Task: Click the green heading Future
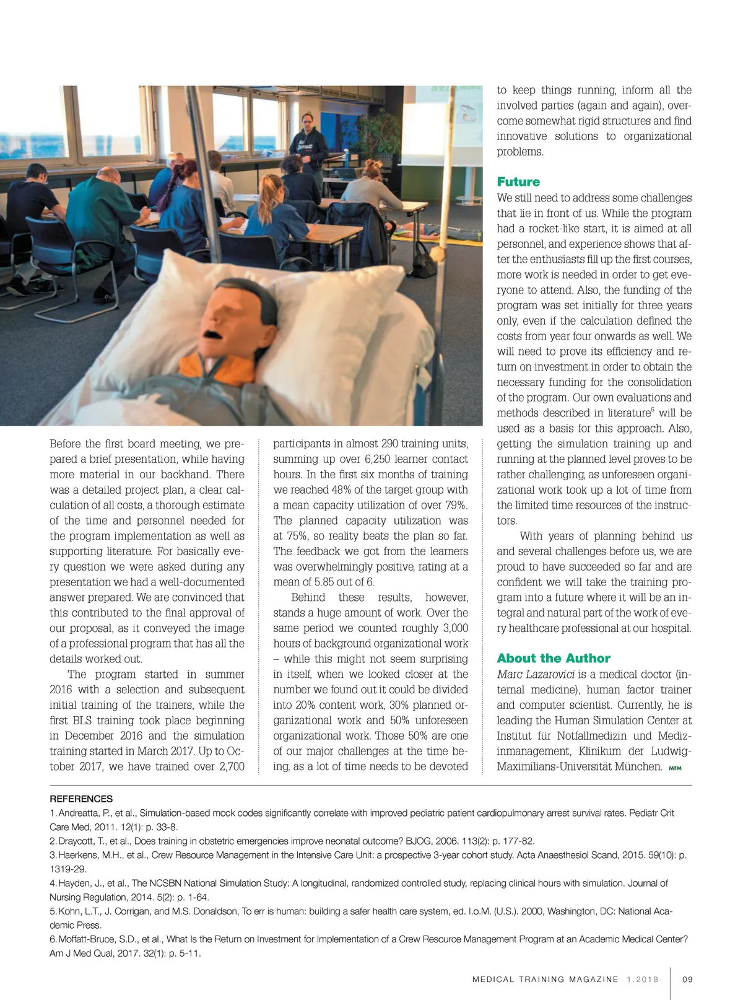(x=518, y=182)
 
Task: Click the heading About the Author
(x=554, y=658)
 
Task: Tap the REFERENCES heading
(x=81, y=799)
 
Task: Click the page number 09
(x=687, y=980)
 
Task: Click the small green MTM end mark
(x=675, y=768)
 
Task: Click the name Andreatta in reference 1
(x=79, y=813)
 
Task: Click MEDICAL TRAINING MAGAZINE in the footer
(x=545, y=980)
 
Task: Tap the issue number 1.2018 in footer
(x=643, y=980)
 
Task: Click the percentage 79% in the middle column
(x=454, y=505)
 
